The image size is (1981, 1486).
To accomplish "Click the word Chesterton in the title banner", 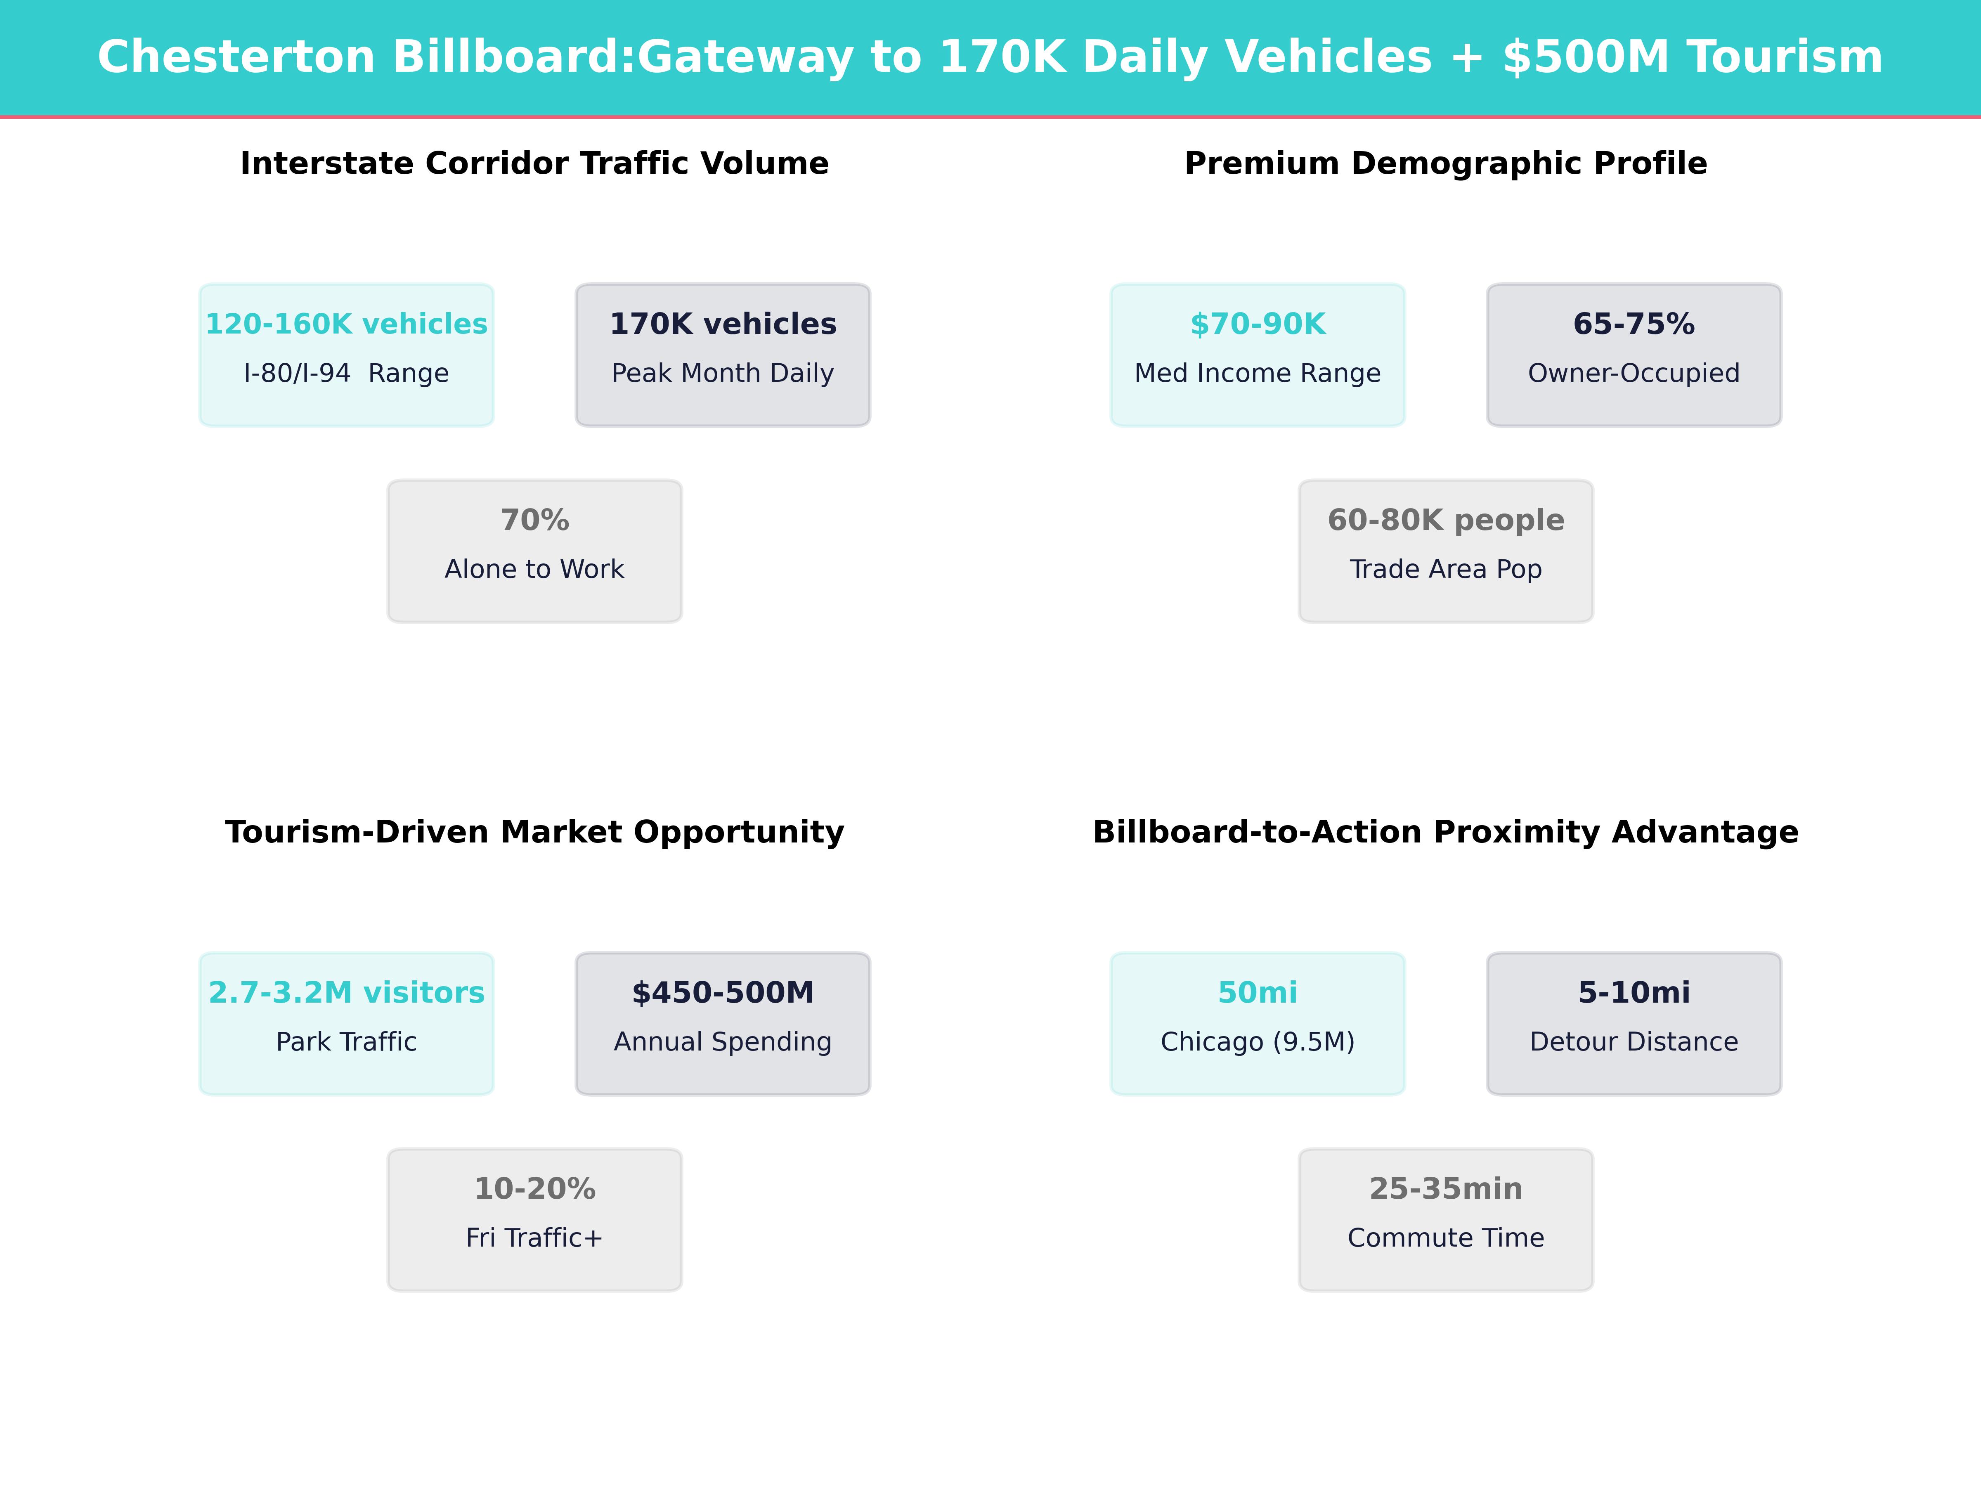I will click(x=236, y=57).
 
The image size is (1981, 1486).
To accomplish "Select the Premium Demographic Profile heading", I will click(x=1445, y=164).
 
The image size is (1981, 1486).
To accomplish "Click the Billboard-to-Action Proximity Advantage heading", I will click(x=1445, y=832).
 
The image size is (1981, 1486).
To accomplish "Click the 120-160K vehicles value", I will click(x=347, y=324).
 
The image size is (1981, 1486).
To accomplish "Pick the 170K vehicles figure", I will click(x=723, y=324).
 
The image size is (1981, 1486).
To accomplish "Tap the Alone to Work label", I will click(x=534, y=570).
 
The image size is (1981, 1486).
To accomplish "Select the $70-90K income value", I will click(x=1258, y=324).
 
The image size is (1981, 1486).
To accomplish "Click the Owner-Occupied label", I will click(x=1633, y=374).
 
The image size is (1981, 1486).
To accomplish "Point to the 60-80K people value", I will click(x=1445, y=521).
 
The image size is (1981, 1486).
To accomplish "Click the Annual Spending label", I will click(x=723, y=1042).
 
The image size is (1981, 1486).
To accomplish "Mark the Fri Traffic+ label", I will click(x=534, y=1238).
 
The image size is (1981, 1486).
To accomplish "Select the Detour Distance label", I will click(x=1633, y=1042).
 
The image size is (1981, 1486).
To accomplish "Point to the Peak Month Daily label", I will click(x=723, y=374).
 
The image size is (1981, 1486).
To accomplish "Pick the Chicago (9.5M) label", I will click(x=1258, y=1042).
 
